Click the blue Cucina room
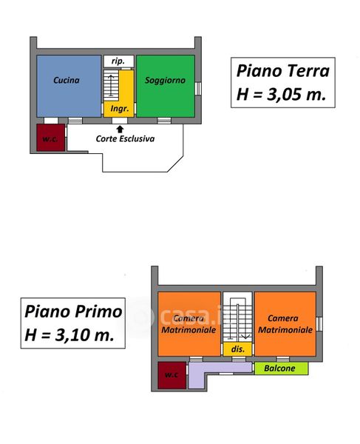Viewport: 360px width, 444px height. (69, 86)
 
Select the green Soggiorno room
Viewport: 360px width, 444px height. (166, 86)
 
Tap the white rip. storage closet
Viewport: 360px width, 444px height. (118, 61)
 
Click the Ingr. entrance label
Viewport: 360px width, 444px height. (120, 109)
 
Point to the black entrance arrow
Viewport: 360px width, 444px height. (120, 129)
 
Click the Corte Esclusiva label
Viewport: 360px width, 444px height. (125, 139)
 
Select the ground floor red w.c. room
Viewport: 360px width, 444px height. (50, 138)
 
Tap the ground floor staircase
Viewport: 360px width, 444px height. (111, 85)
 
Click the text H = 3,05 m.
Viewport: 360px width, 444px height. (282, 94)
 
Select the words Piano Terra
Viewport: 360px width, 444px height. (283, 71)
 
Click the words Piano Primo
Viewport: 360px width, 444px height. (73, 312)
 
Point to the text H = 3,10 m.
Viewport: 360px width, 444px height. (69, 334)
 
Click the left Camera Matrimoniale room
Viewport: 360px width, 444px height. (189, 323)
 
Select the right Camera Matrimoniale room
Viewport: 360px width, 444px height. (285, 323)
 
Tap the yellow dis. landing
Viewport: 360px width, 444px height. (237, 349)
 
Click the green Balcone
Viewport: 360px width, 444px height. (282, 369)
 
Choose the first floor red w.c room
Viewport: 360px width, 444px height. (172, 375)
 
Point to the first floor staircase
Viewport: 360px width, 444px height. (237, 318)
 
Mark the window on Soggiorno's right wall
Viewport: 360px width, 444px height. (198, 88)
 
